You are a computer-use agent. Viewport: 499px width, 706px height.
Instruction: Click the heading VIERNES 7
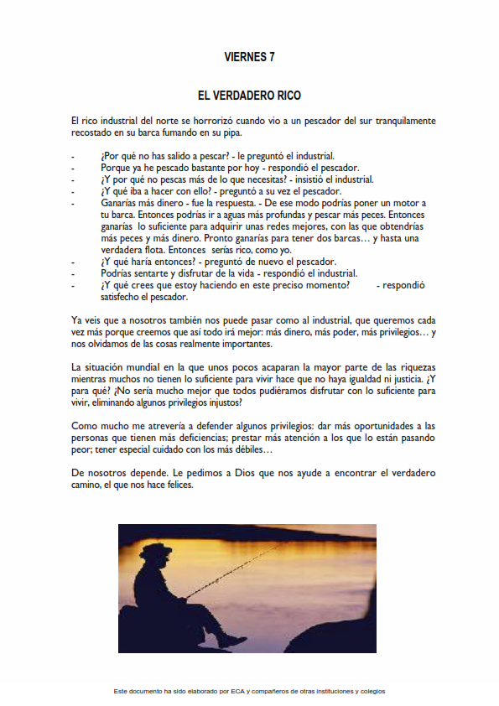[x=249, y=57]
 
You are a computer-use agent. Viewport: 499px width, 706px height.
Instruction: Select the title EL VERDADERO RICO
[x=249, y=96]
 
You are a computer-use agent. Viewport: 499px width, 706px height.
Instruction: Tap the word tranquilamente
[x=398, y=122]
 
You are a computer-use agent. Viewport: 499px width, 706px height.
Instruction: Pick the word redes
[x=276, y=226]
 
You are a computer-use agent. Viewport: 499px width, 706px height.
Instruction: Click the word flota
[x=153, y=250]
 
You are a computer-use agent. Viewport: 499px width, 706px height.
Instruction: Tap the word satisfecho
[x=122, y=297]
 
